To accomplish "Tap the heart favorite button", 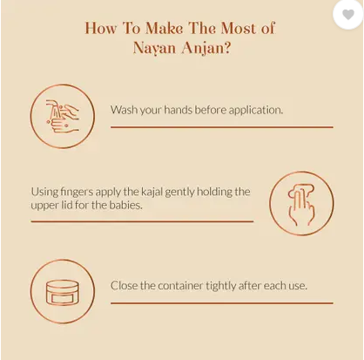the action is (x=348, y=14).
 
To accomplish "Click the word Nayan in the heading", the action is (x=154, y=48).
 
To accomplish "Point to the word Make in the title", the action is (x=164, y=28).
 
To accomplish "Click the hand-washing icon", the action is (x=63, y=116).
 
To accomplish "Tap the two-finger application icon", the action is (x=301, y=203).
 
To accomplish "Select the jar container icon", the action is (x=63, y=291).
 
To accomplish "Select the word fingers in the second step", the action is (x=77, y=192).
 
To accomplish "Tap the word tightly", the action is (x=221, y=286).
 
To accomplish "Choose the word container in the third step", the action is (x=180, y=286).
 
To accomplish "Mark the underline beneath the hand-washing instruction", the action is (x=222, y=127).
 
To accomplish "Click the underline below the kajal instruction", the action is (x=142, y=221).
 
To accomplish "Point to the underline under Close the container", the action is (x=222, y=303).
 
